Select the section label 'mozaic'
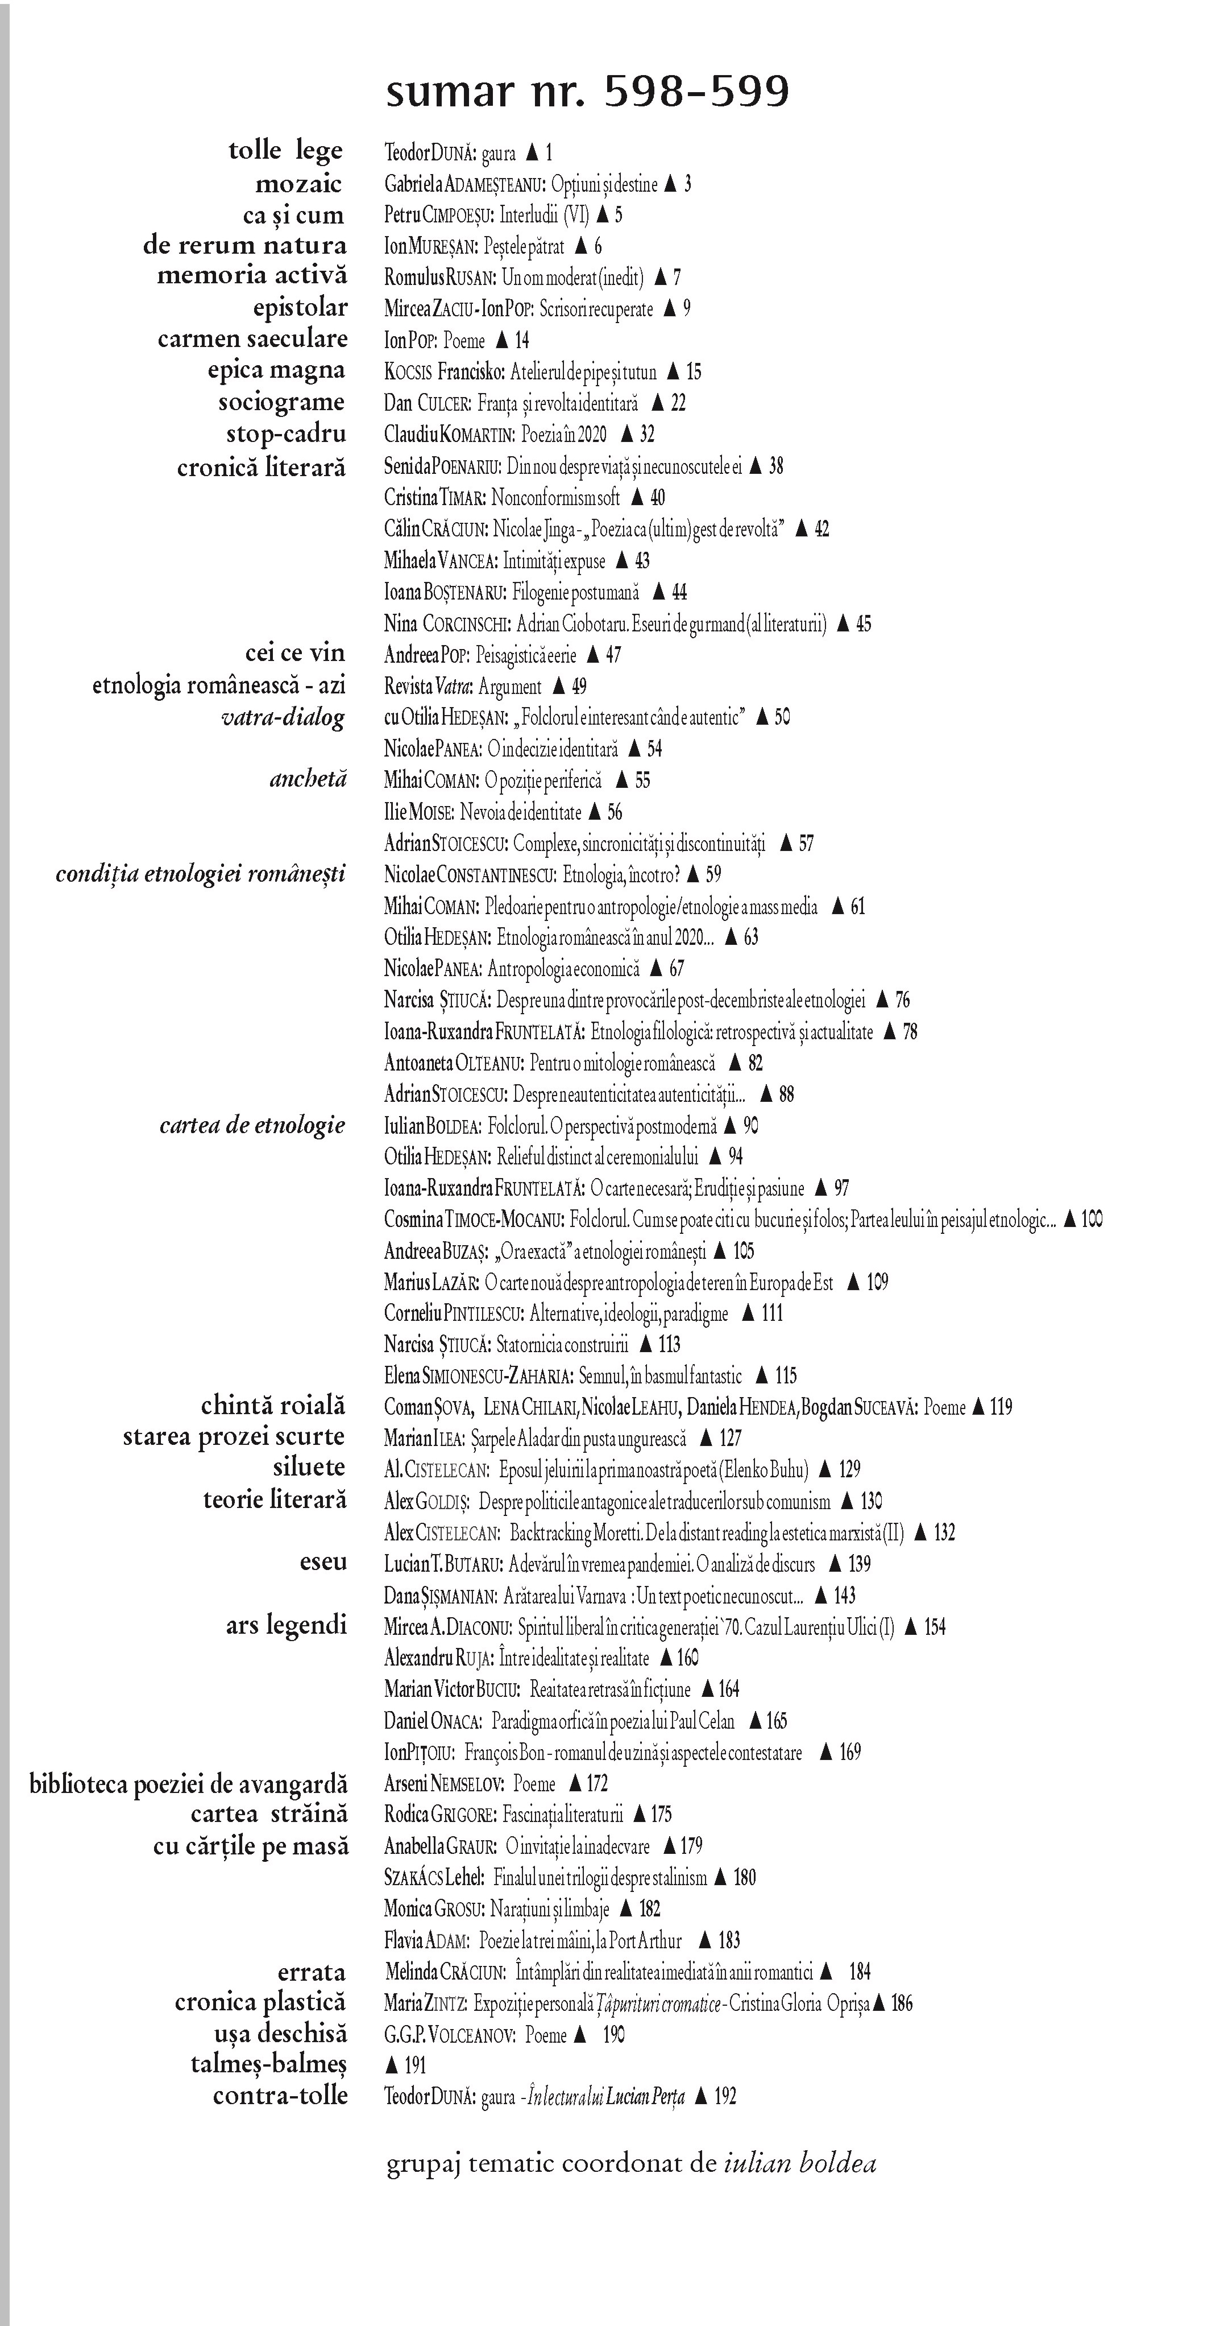[299, 184]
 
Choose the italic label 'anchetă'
[308, 779]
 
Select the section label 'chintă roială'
[273, 1406]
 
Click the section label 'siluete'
[310, 1467]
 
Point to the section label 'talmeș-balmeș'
[268, 2064]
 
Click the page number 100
[1092, 1220]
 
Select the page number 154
[935, 1627]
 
